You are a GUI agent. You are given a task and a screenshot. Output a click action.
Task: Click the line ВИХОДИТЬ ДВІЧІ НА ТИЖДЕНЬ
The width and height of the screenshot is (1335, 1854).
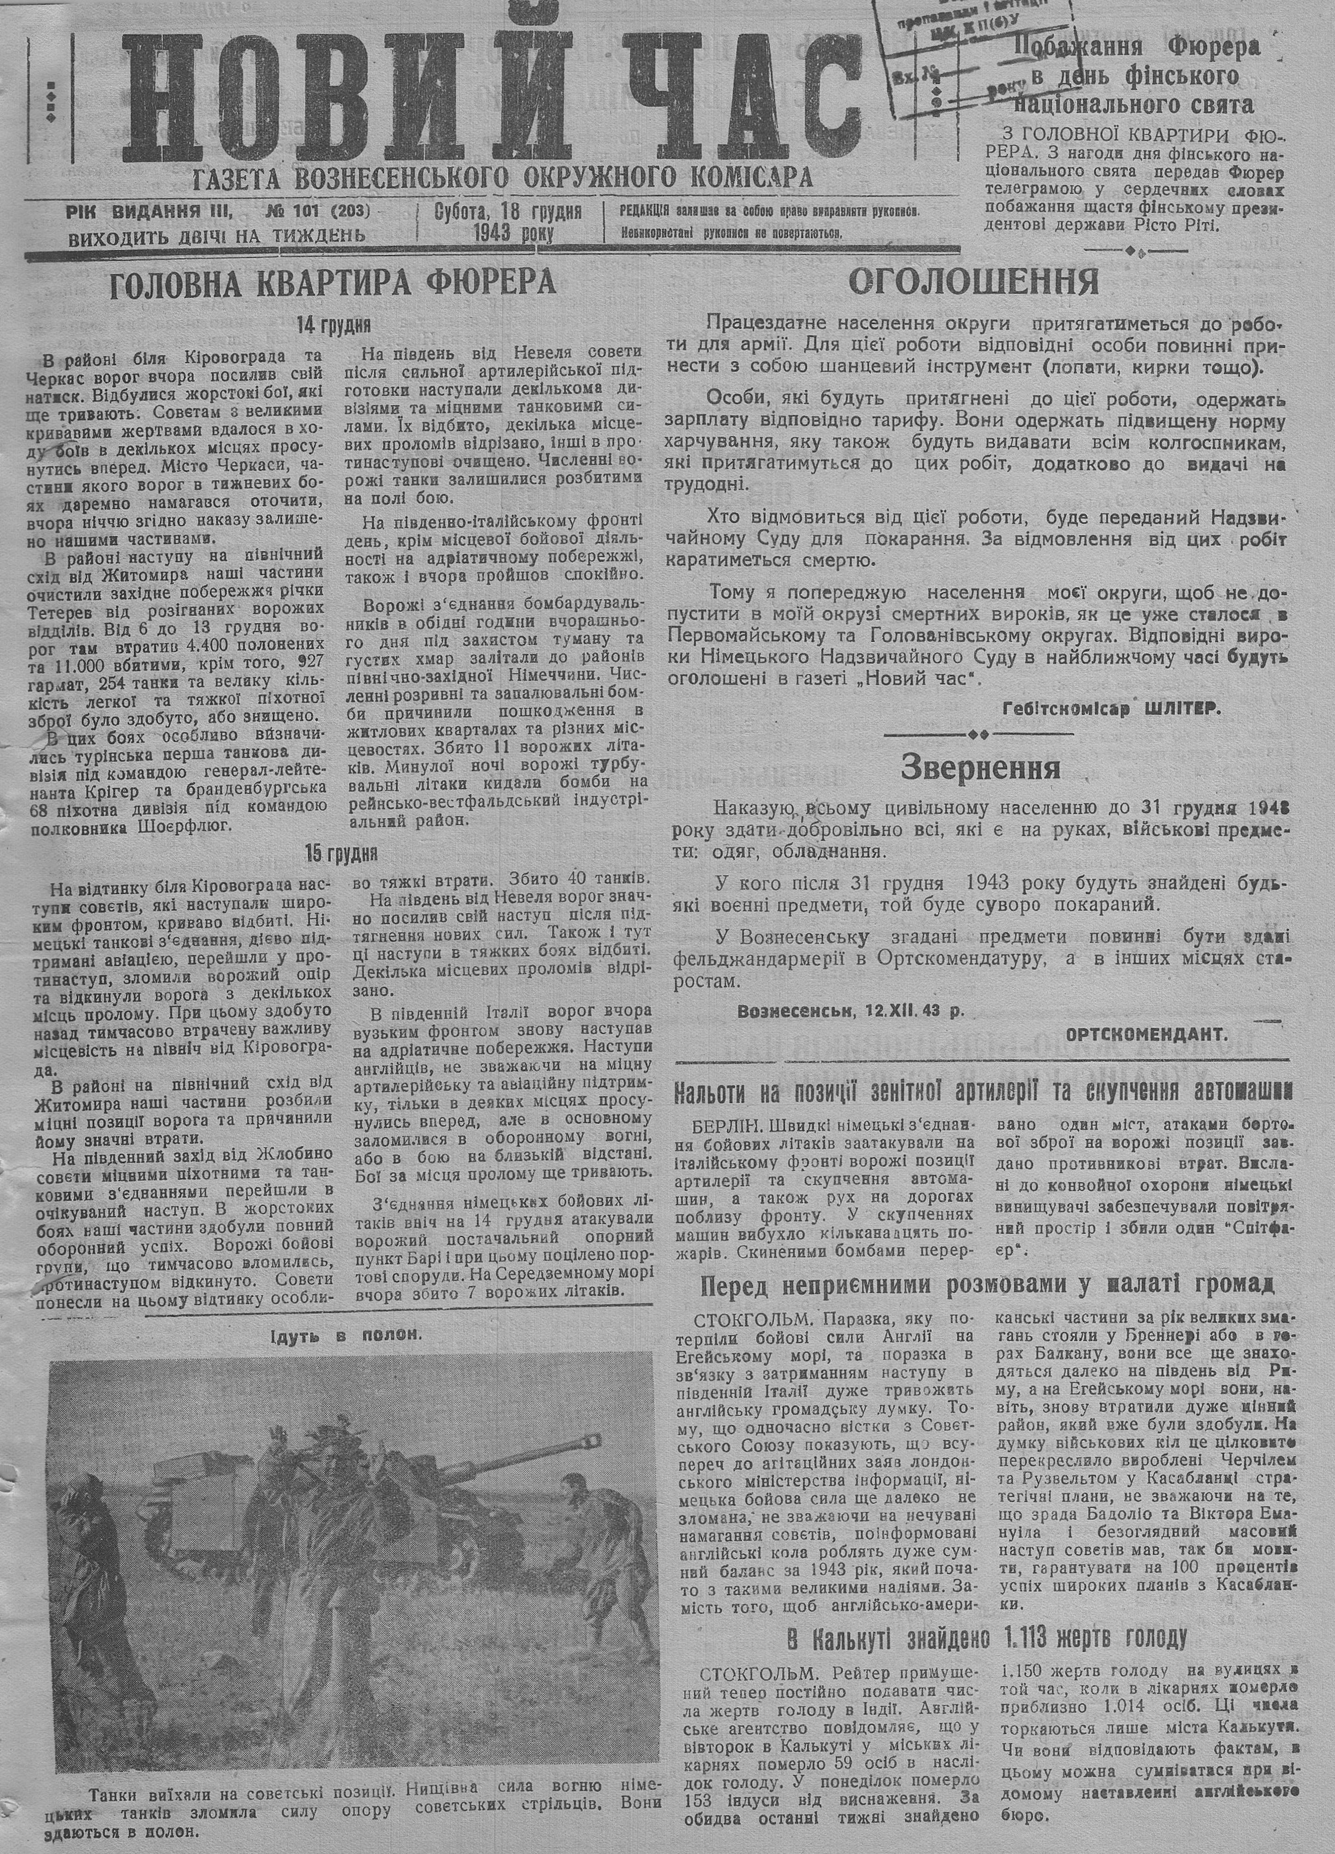[216, 235]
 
